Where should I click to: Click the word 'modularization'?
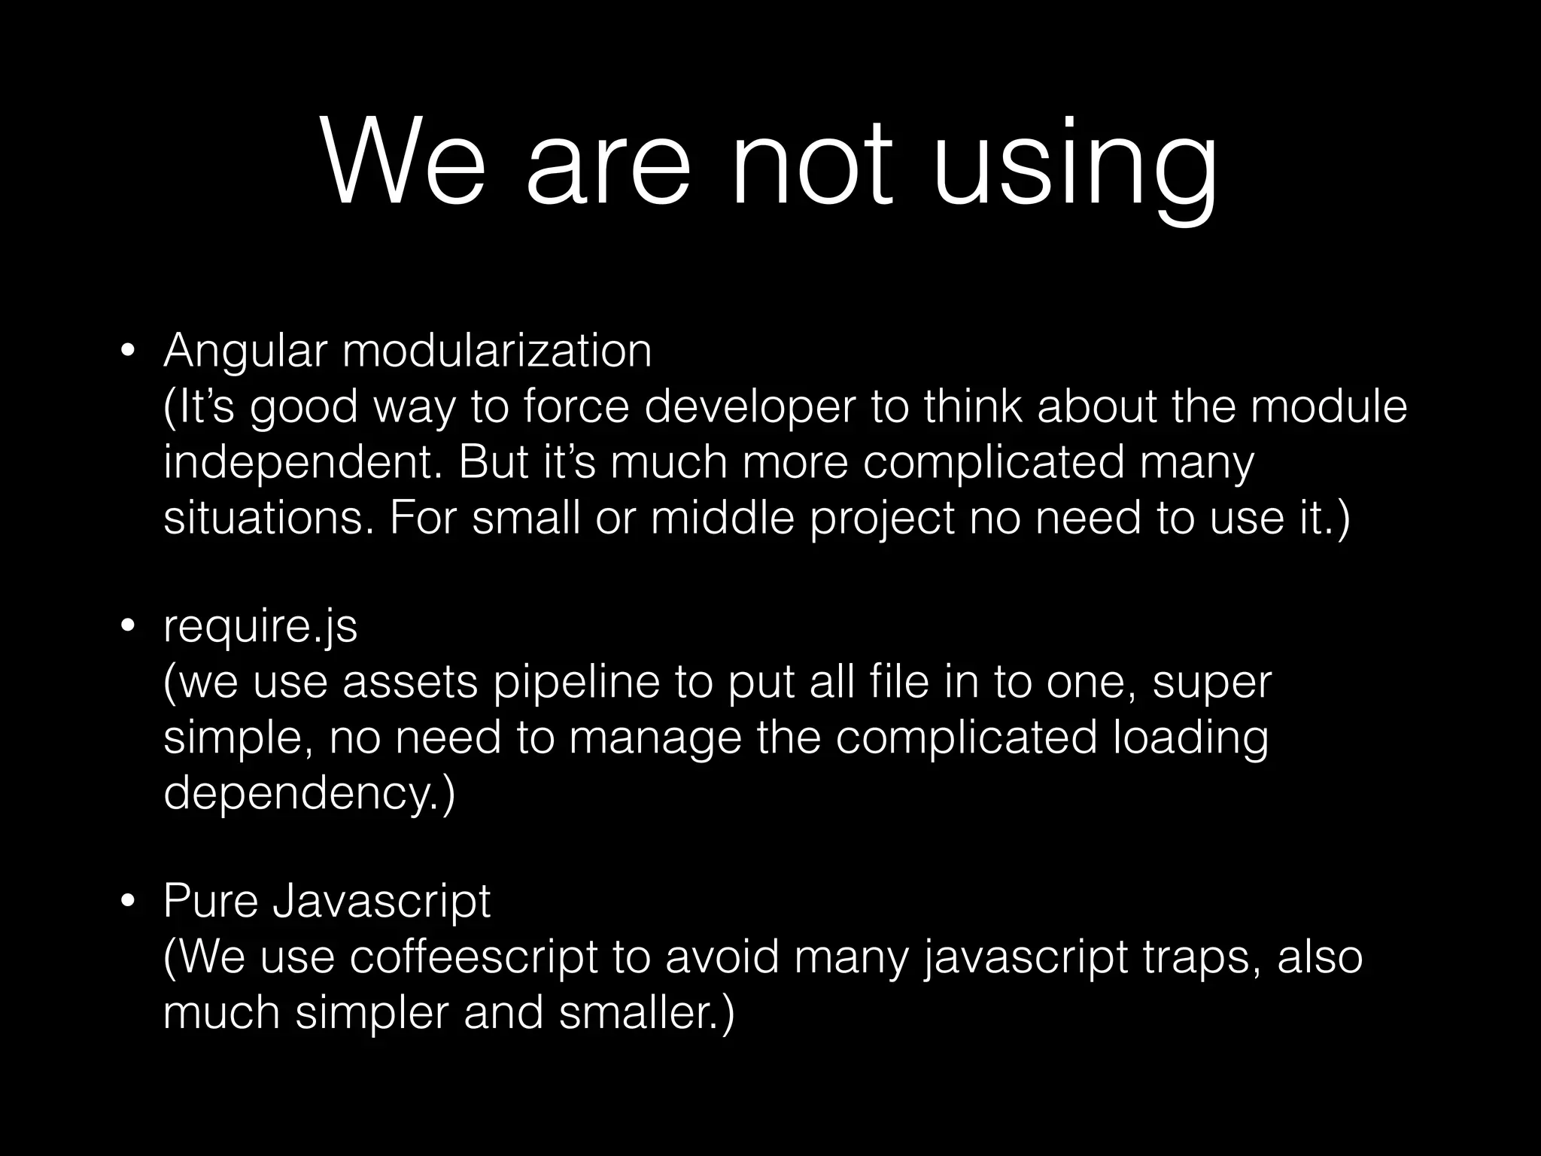[497, 351]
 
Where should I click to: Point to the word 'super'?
[1211, 683]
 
